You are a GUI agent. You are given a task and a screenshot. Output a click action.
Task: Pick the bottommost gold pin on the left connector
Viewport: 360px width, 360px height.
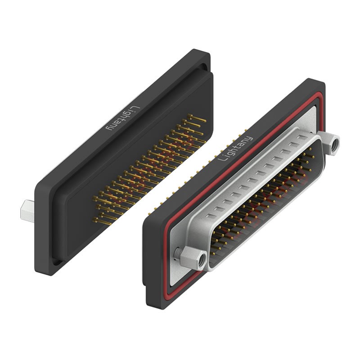coord(102,221)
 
